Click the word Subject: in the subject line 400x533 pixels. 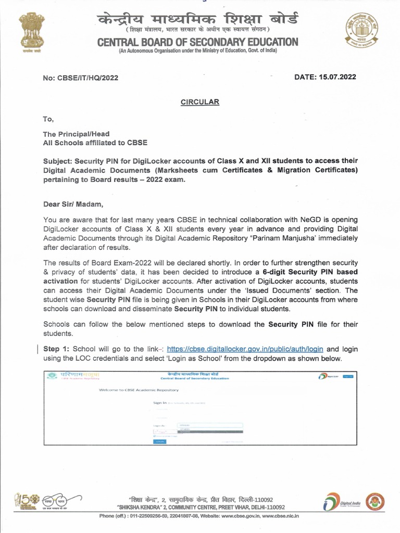58,160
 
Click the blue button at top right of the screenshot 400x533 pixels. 348,376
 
